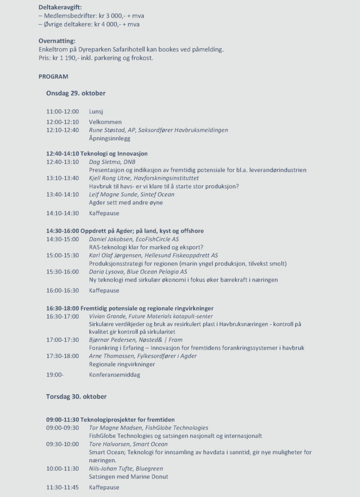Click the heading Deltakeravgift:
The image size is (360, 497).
[60, 7]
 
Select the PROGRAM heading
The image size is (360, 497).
[53, 76]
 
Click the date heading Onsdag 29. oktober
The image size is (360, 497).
[76, 93]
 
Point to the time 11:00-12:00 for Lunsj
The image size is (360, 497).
[63, 112]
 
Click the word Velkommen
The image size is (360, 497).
[105, 122]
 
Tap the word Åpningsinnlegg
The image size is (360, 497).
[110, 138]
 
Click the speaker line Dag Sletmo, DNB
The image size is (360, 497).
[112, 162]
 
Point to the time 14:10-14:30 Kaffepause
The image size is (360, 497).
[63, 213]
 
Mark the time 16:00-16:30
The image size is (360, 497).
[63, 290]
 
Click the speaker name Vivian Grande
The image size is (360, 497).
[108, 316]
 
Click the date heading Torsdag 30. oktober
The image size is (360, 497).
[76, 397]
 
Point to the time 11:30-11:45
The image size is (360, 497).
[63, 487]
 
